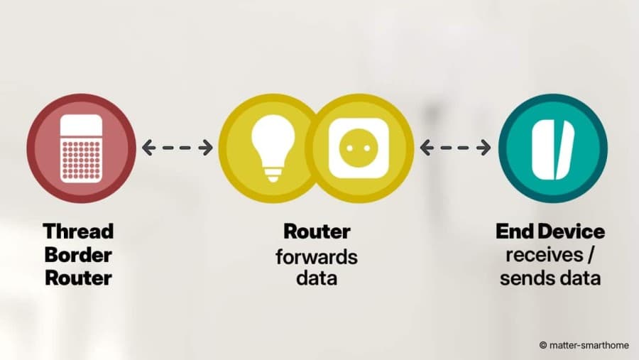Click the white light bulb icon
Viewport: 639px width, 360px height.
click(x=273, y=148)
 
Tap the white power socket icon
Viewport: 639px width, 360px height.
click(x=359, y=148)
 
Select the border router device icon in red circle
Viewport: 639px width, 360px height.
click(x=81, y=148)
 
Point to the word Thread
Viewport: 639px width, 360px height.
click(x=78, y=231)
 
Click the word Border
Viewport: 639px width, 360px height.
click(x=78, y=255)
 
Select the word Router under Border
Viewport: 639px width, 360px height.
click(x=78, y=278)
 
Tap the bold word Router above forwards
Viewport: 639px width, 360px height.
click(x=317, y=231)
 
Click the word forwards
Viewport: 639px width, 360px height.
click(x=317, y=257)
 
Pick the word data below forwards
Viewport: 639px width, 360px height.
click(x=317, y=278)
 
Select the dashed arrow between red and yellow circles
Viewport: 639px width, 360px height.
click(x=177, y=148)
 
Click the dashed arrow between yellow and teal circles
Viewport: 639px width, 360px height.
click(x=455, y=148)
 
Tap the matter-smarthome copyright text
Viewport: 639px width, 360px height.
click(x=584, y=345)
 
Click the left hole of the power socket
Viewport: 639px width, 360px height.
click(x=349, y=148)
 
